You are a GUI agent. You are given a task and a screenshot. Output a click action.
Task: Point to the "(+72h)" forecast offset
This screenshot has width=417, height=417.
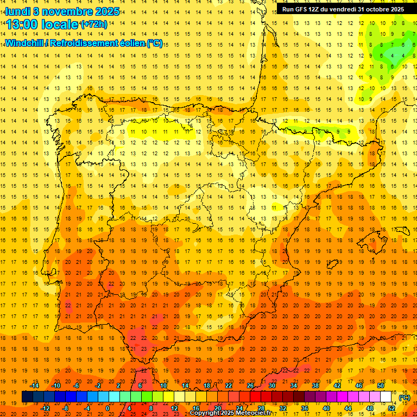93,24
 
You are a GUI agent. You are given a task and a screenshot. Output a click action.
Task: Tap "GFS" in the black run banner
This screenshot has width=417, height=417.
304,9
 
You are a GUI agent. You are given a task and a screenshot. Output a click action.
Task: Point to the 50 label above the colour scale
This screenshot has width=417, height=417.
381,386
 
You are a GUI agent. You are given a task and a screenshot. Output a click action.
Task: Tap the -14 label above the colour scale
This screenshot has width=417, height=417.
35,386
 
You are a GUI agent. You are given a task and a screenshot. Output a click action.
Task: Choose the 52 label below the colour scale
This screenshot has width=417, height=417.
391,408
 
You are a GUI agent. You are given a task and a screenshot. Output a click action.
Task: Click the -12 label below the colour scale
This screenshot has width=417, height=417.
46,408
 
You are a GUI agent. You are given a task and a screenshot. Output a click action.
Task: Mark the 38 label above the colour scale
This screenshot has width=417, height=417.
315,386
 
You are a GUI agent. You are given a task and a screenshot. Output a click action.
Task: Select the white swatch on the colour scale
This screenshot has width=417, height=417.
386,397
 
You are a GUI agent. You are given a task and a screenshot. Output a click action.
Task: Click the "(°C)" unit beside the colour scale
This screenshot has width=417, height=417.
404,397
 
